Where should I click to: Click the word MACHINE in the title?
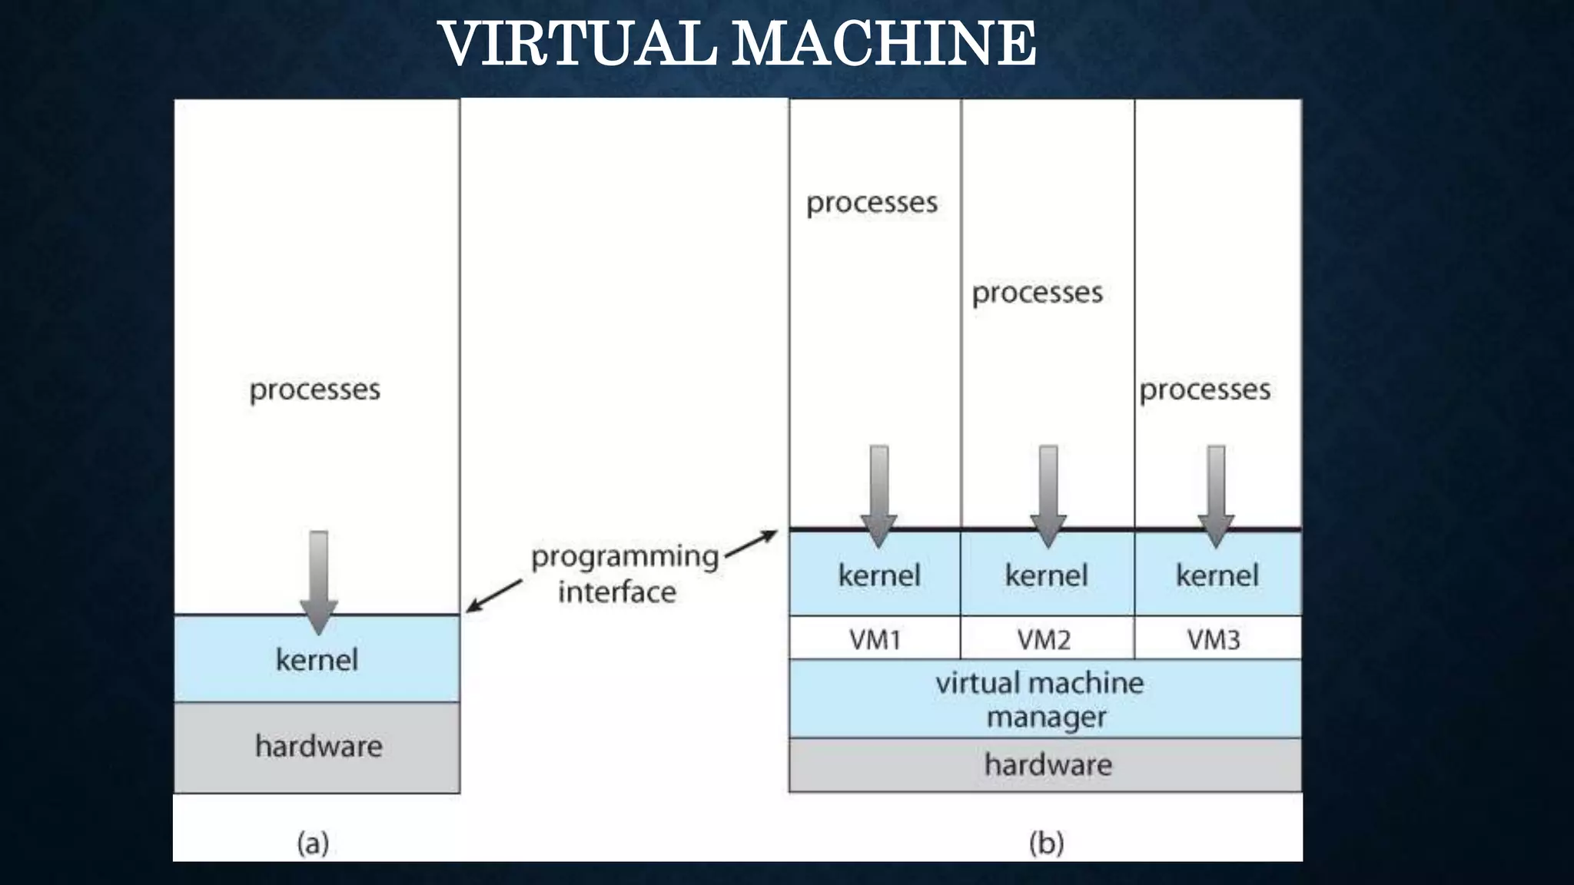[x=883, y=44]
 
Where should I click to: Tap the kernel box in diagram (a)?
[x=317, y=659]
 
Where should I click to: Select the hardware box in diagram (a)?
[x=317, y=747]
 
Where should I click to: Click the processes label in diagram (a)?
[x=314, y=389]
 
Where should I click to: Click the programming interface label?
[x=623, y=574]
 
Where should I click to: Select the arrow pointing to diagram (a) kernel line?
[x=493, y=596]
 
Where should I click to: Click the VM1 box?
[x=875, y=638]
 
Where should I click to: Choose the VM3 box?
[x=1214, y=638]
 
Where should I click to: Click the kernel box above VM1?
[x=878, y=575]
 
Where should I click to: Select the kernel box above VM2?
[x=1046, y=575]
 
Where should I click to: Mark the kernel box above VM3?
[x=1217, y=575]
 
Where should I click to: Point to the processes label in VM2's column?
[x=1037, y=293]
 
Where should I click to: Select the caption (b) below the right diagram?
[x=1046, y=844]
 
